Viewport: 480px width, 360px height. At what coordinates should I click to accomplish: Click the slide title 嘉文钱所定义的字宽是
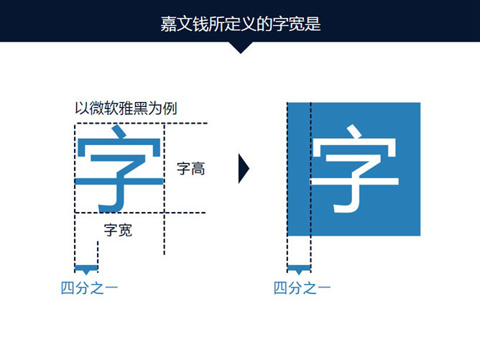[x=240, y=24]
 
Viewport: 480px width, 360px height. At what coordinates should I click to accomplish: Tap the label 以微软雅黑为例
[x=126, y=109]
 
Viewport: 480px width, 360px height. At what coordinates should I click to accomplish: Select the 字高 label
[x=191, y=170]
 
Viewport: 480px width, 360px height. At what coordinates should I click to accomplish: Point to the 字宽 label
[x=118, y=231]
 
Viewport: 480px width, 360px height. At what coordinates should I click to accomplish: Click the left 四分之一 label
[x=89, y=289]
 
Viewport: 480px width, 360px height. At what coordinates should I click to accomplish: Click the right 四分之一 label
[x=302, y=289]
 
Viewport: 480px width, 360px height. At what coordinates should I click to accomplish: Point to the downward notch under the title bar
[x=240, y=47]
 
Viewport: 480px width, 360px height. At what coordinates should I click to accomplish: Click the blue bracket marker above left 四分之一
[x=86, y=269]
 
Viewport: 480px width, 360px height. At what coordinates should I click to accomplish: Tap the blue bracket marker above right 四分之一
[x=299, y=269]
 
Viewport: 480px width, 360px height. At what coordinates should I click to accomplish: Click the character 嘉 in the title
[x=168, y=24]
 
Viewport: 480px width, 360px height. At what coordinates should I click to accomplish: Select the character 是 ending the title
[x=312, y=24]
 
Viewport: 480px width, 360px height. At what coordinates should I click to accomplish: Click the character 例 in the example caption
[x=170, y=109]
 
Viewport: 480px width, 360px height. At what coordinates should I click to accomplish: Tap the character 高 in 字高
[x=198, y=170]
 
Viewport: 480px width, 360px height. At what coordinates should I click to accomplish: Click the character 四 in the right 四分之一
[x=280, y=289]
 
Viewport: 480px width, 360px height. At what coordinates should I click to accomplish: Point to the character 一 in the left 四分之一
[x=111, y=289]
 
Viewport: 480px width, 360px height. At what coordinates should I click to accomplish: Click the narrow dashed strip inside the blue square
[x=299, y=170]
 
